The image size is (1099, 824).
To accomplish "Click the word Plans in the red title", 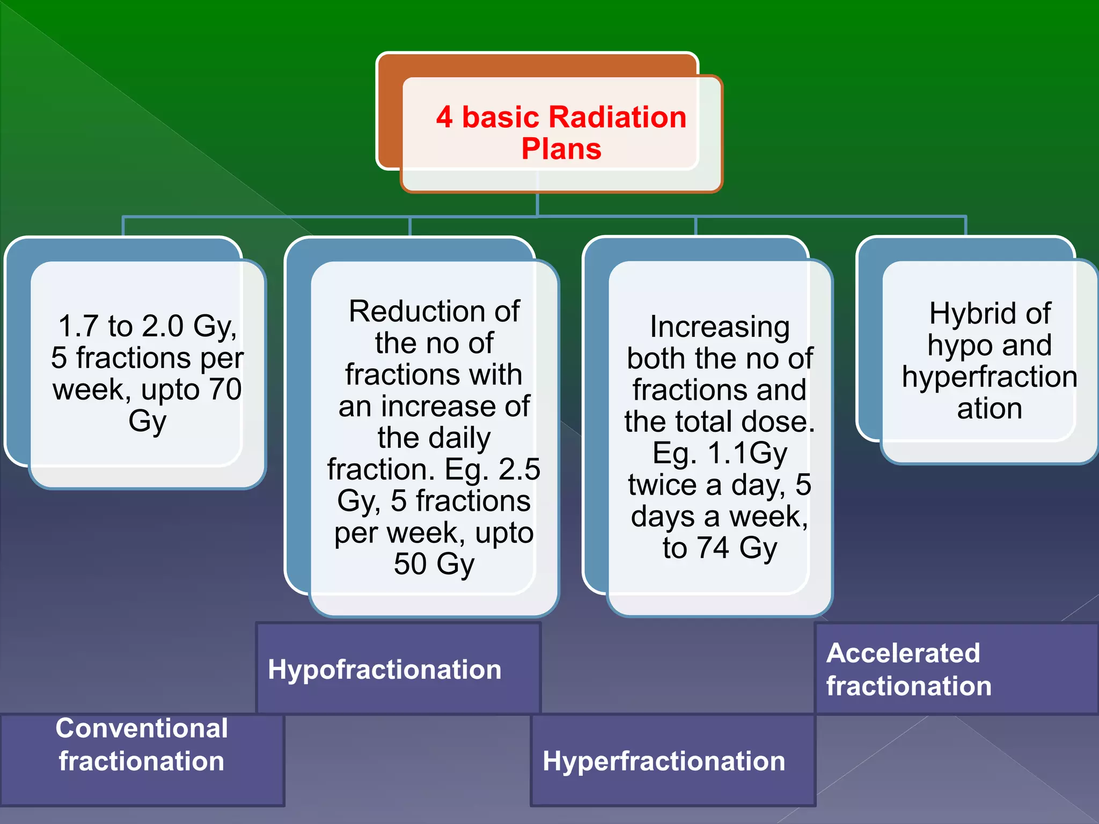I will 561,149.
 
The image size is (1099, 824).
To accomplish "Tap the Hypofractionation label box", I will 398,668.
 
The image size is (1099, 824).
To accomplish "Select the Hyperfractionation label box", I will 673,761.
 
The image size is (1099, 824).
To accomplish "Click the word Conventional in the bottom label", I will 142,729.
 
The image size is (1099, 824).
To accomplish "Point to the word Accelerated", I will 903,653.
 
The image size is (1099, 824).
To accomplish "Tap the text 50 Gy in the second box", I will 434,564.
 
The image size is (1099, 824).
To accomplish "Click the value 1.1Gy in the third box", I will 747,453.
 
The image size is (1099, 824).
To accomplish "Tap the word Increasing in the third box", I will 720,327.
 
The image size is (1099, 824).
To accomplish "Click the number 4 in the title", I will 444,117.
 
